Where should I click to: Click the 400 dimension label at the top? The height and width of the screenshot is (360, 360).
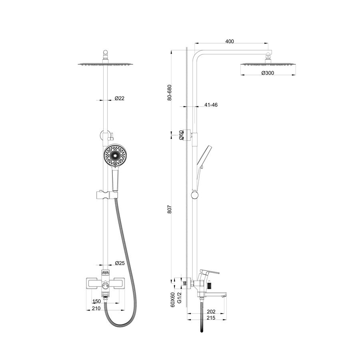coord(230,41)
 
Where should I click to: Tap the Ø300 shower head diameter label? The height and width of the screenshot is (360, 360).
coord(268,73)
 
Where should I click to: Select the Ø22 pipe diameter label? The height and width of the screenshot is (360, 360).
coord(119,98)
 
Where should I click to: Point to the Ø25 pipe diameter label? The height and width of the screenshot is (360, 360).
coord(120,263)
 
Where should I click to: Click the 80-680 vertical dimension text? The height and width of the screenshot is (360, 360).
coord(170,93)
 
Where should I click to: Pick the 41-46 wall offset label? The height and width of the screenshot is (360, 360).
coord(211,105)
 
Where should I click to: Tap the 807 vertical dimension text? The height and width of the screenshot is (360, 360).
coord(170,209)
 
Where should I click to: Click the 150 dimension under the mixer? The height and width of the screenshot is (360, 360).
coord(97,302)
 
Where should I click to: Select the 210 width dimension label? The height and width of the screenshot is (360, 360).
coord(96,308)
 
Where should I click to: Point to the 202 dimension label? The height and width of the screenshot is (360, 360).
coord(211,312)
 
